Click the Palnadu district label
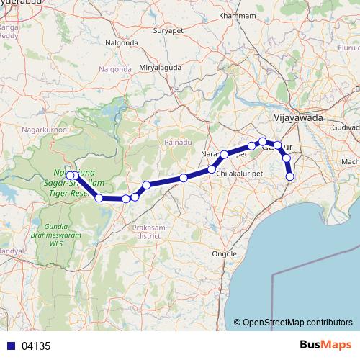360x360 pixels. tap(178, 142)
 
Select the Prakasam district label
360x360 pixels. tap(150, 231)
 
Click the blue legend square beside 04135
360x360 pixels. tap(9, 346)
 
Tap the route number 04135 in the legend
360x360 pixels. tap(36, 346)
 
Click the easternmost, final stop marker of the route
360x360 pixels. tap(290, 176)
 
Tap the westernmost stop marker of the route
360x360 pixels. tap(69, 175)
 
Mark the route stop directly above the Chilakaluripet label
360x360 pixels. tap(212, 169)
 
